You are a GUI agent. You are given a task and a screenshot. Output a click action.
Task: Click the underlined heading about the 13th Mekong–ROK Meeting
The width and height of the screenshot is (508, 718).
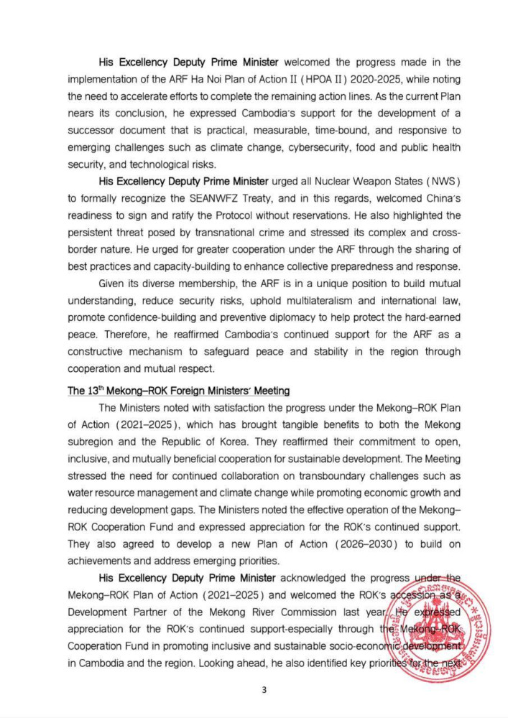pos(179,391)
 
